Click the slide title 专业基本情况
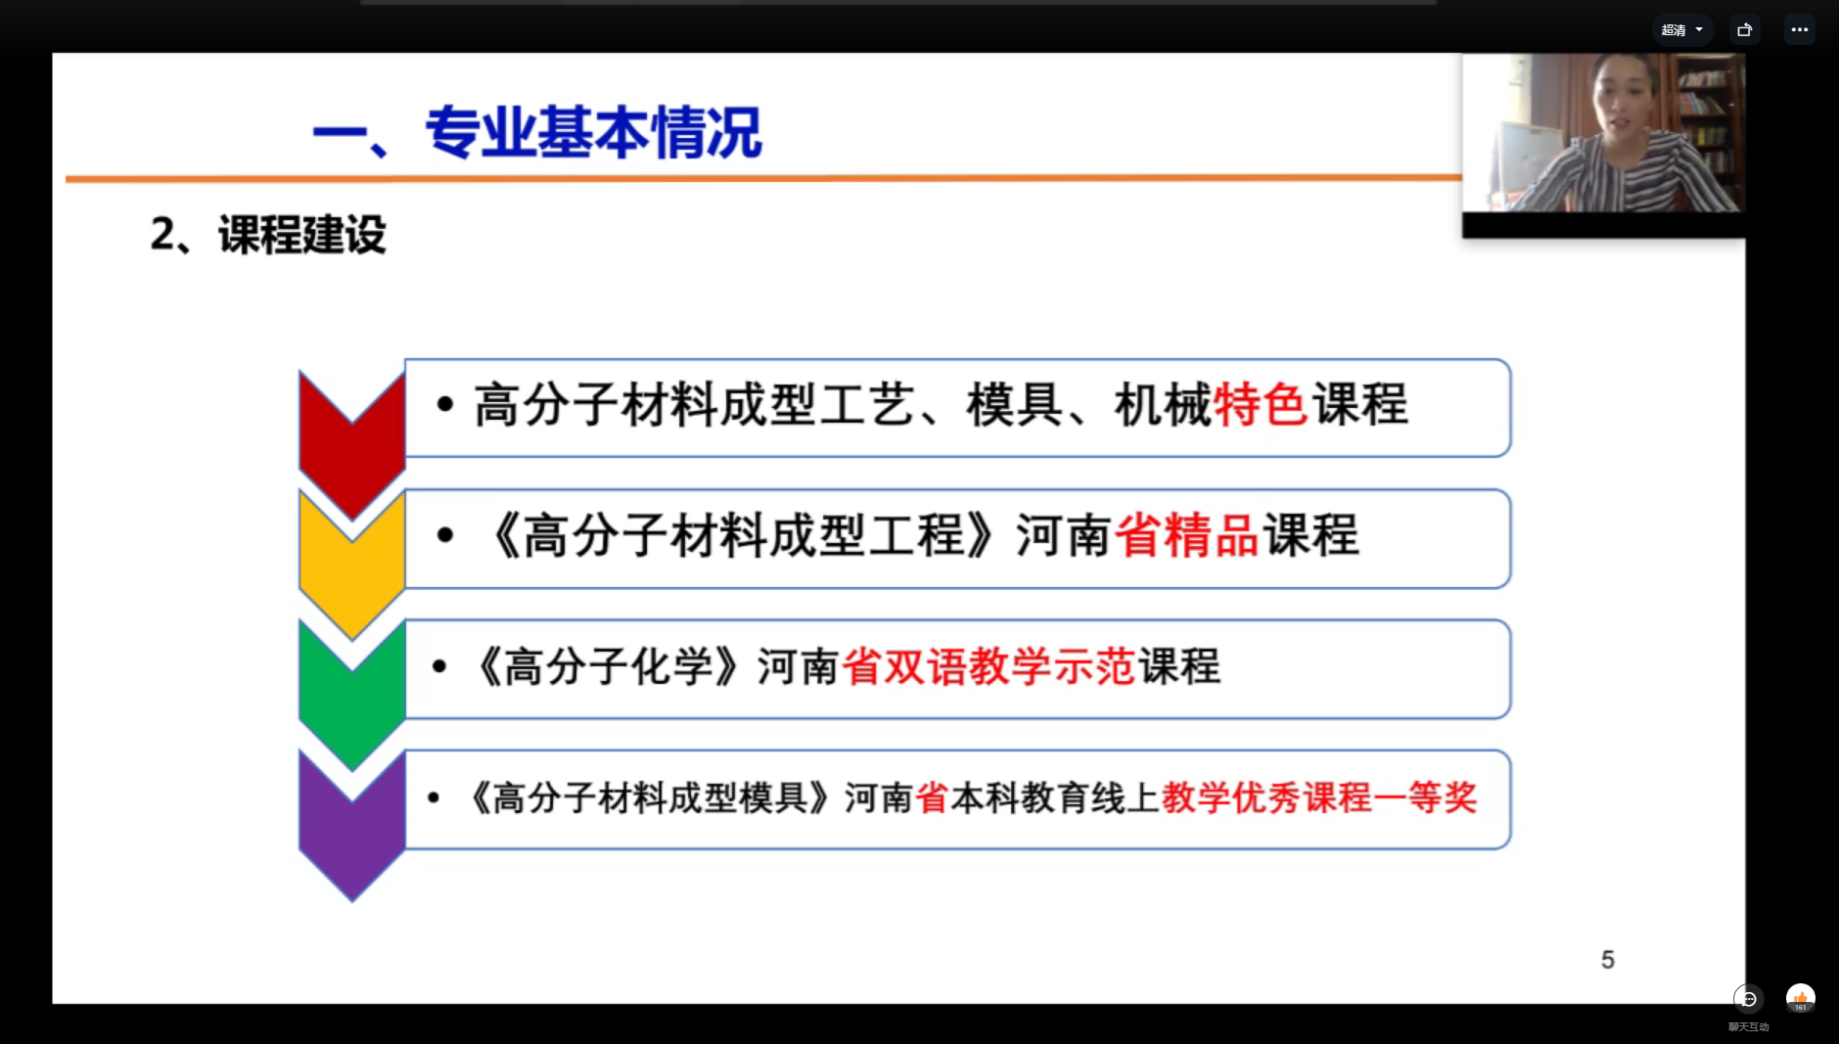coord(593,133)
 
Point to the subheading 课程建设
coord(302,235)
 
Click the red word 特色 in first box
coord(1261,405)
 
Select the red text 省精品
coord(1187,536)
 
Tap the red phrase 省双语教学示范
coord(988,667)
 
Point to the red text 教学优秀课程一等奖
coord(1319,798)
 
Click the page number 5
coord(1608,960)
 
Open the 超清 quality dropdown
coord(1682,30)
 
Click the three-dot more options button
coord(1800,30)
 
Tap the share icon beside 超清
coord(1744,30)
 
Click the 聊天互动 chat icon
coord(1748,999)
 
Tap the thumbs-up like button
coord(1801,998)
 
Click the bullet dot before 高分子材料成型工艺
coord(445,404)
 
